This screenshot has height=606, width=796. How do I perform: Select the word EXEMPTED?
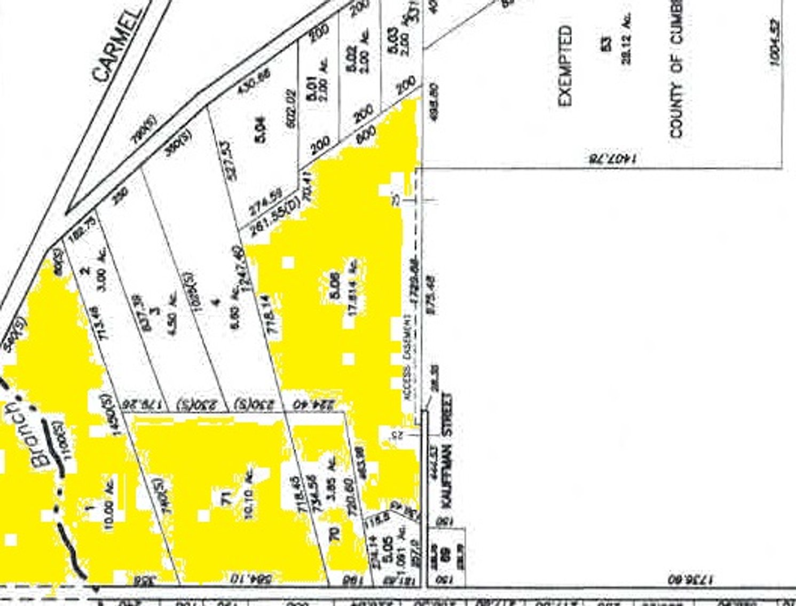[565, 66]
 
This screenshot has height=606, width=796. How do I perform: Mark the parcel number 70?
[335, 534]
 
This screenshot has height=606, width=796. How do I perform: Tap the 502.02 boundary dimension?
[291, 109]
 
